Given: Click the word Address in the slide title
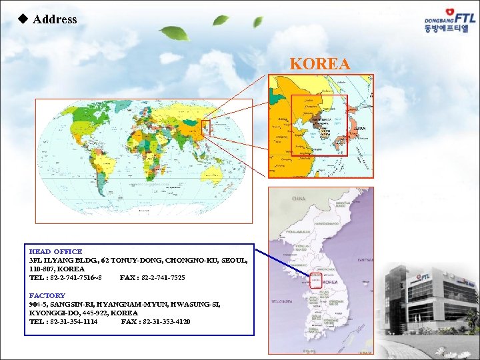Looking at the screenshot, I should click(55, 19).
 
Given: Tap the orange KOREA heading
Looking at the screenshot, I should click(320, 64).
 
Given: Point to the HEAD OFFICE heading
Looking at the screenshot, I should click(55, 251).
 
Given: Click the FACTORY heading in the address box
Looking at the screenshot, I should click(47, 295).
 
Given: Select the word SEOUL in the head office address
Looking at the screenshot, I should click(234, 260).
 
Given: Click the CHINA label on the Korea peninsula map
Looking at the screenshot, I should click(298, 199).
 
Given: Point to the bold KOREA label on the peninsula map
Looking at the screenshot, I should click(330, 282).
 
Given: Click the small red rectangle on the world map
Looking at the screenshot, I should click(206, 127).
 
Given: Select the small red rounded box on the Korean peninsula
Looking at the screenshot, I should click(315, 281).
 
